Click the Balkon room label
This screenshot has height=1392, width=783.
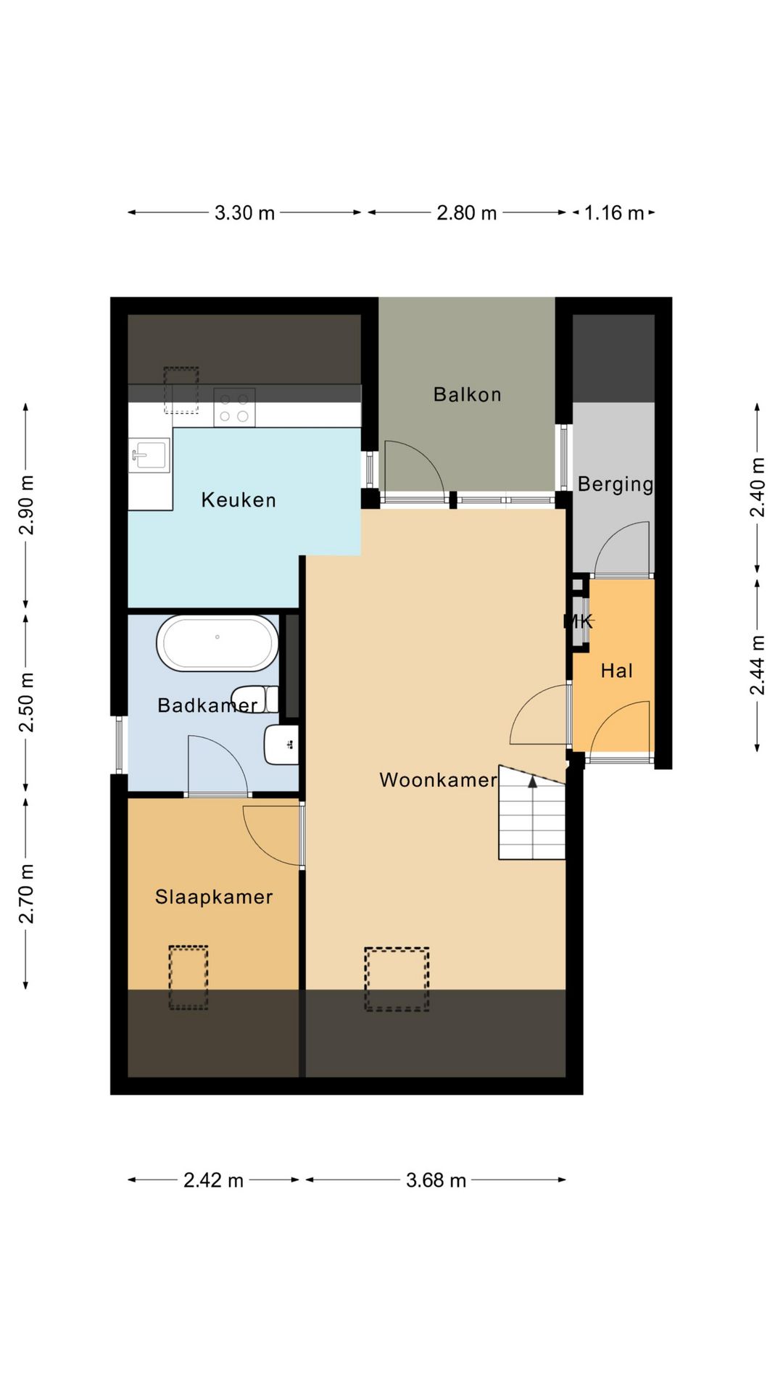click(467, 394)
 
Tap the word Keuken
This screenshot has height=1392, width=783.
click(239, 500)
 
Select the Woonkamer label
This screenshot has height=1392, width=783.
click(438, 780)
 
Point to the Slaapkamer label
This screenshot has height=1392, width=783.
click(214, 897)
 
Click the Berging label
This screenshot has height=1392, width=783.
click(616, 484)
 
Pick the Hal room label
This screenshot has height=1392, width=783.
click(617, 671)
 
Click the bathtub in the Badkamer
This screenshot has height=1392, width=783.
click(217, 643)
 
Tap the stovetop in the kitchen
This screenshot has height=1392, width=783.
click(234, 407)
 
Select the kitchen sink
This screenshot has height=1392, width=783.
click(149, 456)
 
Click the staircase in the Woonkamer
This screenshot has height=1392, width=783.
click(531, 813)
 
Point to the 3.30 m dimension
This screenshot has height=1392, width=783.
click(244, 213)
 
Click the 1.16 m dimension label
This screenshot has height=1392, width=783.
click(613, 213)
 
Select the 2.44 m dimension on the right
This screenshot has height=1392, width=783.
click(758, 665)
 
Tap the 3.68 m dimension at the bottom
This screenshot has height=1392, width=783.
click(436, 1180)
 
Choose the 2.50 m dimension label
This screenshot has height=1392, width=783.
click(26, 703)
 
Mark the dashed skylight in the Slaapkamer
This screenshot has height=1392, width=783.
click(188, 977)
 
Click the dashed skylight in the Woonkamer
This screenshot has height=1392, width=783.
click(397, 979)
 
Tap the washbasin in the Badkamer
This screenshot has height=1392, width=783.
click(282, 745)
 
